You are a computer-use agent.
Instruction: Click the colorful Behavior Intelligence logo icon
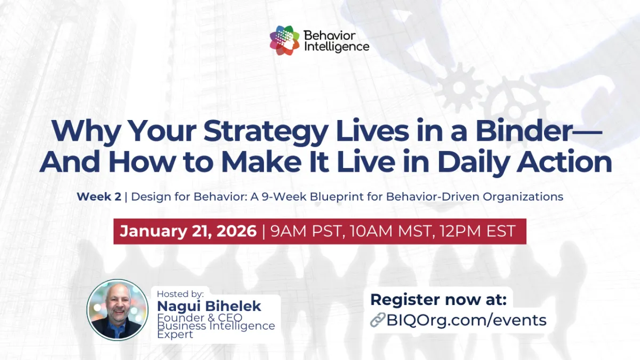tap(285, 41)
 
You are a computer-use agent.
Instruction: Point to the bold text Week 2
tap(99, 197)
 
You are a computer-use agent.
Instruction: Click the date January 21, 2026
tap(188, 231)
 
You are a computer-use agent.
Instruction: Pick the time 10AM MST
tap(387, 231)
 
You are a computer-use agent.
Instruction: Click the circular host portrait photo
tap(117, 310)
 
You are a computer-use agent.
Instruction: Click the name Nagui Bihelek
tap(209, 306)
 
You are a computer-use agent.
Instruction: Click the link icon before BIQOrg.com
tap(378, 320)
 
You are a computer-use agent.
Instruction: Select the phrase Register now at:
tap(438, 299)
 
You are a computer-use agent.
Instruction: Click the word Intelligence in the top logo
tap(336, 46)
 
